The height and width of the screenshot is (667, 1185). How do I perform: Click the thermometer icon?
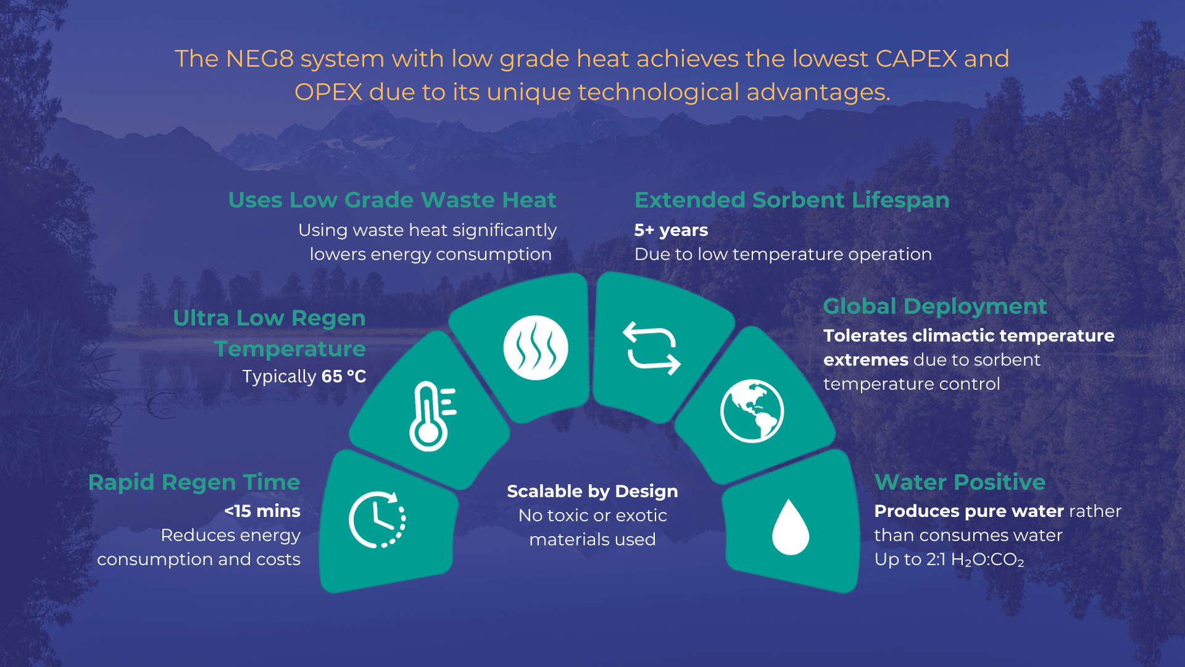pyautogui.click(x=431, y=416)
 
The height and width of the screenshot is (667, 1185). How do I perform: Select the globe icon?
pyautogui.click(x=752, y=411)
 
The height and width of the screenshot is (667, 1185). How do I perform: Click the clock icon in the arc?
pyautogui.click(x=377, y=519)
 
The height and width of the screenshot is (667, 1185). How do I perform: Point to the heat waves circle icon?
pyautogui.click(x=535, y=348)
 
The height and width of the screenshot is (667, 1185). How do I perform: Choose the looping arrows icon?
pyautogui.click(x=652, y=348)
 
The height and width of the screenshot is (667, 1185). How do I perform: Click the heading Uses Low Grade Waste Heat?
pyautogui.click(x=392, y=200)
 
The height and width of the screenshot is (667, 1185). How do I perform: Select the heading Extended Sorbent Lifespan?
pyautogui.click(x=792, y=200)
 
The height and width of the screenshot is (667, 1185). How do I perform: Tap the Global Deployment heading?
pyautogui.click(x=934, y=306)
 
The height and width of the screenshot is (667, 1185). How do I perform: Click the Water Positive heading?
pyautogui.click(x=960, y=482)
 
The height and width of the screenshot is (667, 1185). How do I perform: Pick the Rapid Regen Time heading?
pyautogui.click(x=194, y=482)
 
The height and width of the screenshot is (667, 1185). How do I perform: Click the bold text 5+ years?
pyautogui.click(x=671, y=230)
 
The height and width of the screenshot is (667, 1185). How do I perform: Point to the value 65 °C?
pyautogui.click(x=344, y=377)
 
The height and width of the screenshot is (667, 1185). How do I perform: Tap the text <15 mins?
pyautogui.click(x=262, y=511)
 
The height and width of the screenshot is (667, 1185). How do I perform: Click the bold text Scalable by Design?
pyautogui.click(x=592, y=492)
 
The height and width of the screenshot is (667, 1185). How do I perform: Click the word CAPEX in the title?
pyautogui.click(x=916, y=59)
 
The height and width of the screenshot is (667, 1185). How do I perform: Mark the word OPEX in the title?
pyautogui.click(x=328, y=93)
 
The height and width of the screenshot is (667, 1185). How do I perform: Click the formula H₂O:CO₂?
pyautogui.click(x=987, y=560)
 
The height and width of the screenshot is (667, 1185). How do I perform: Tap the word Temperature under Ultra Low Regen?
pyautogui.click(x=290, y=349)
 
